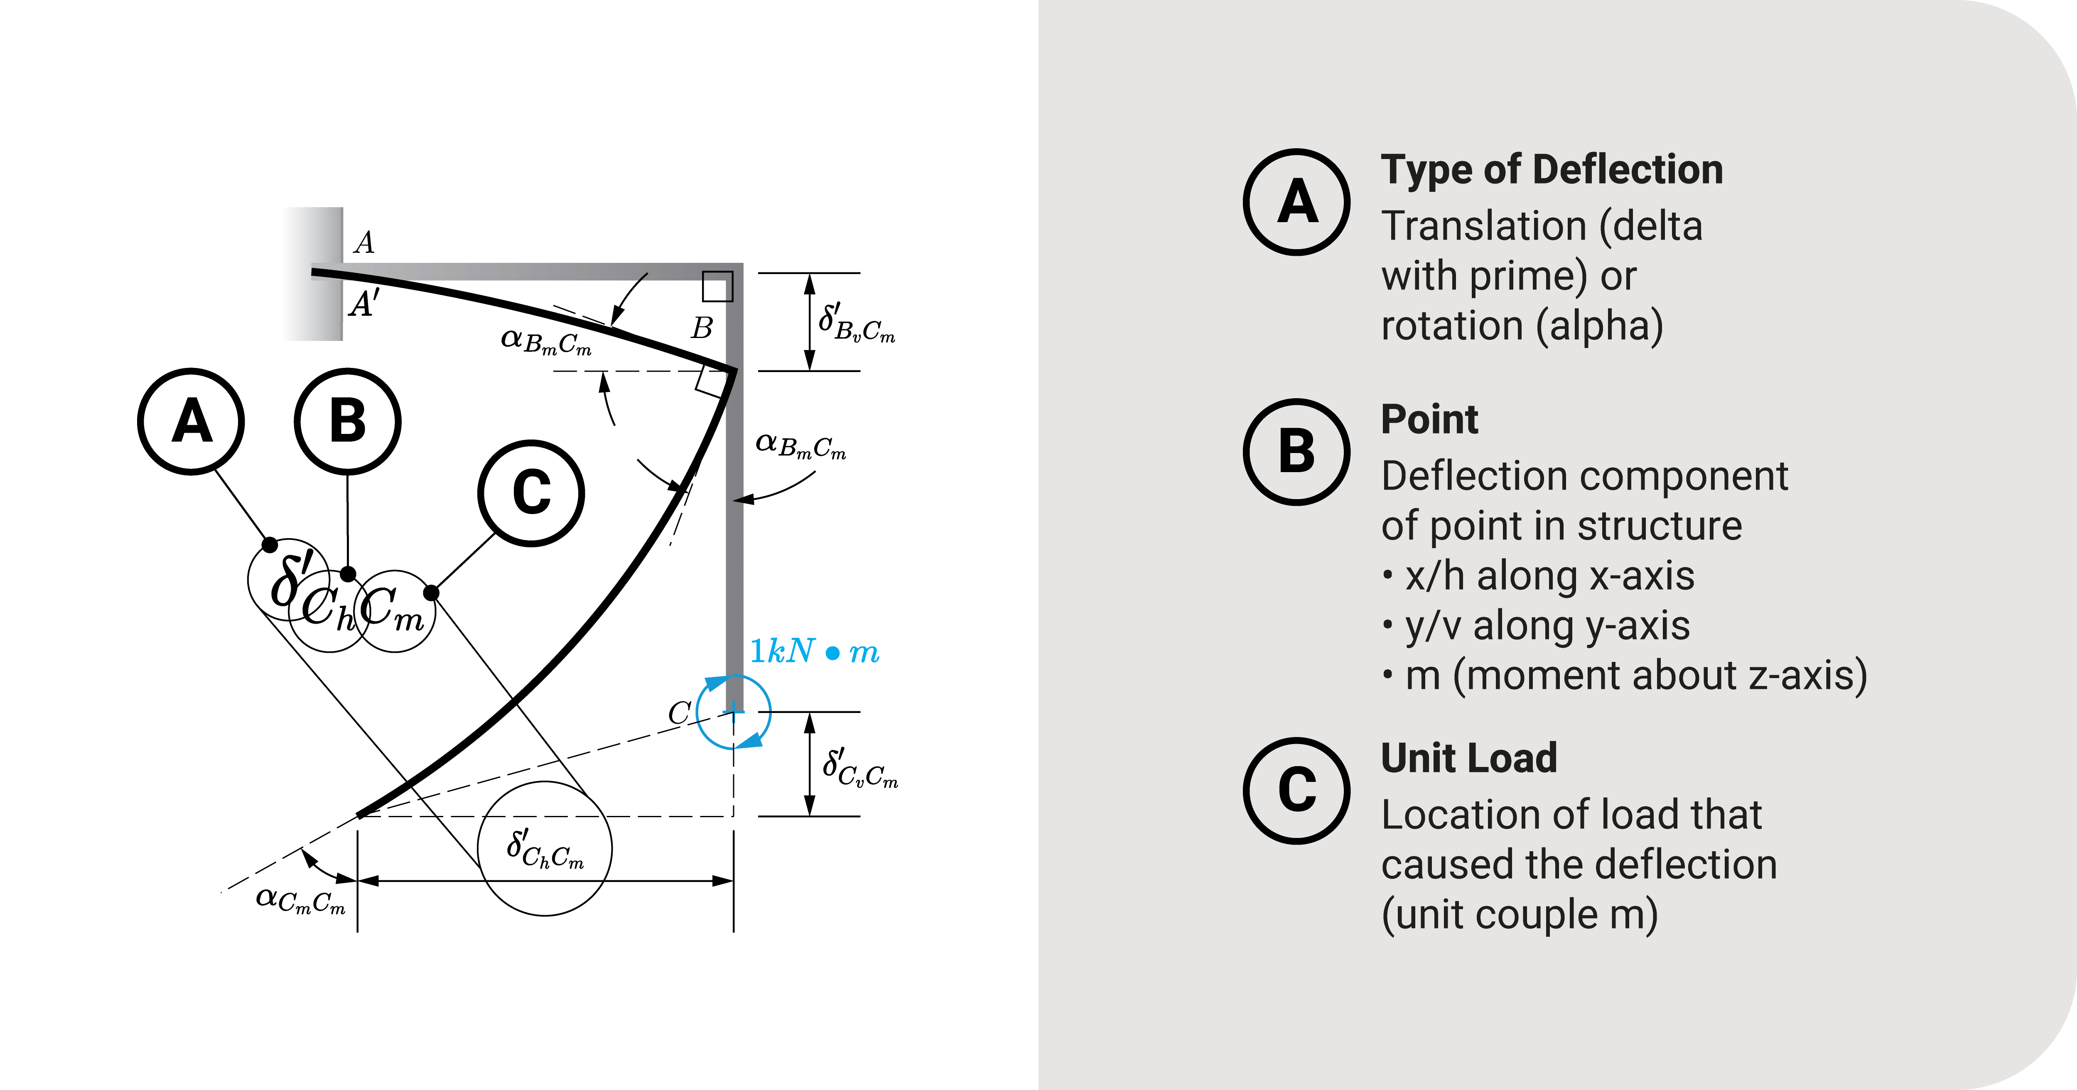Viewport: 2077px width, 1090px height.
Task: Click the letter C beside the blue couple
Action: tap(679, 713)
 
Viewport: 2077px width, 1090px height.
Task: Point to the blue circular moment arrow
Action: tap(734, 712)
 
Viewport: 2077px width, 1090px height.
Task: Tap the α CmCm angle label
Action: tap(300, 899)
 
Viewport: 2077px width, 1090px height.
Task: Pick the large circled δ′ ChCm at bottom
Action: tap(545, 849)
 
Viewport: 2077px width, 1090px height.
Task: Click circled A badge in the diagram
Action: tap(191, 421)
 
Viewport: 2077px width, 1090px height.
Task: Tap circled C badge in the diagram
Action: tap(531, 492)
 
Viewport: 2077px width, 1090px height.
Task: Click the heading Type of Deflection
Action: tap(1551, 170)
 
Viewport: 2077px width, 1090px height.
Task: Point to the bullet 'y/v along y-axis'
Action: tap(1547, 626)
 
